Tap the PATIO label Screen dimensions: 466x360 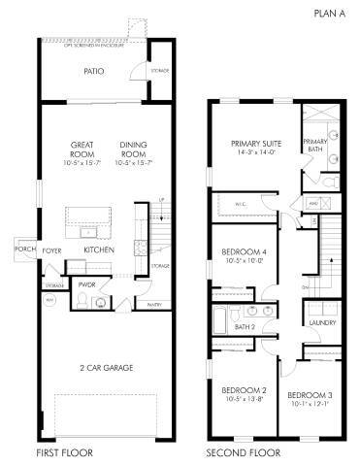(x=93, y=71)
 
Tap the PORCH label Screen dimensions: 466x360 (x=24, y=249)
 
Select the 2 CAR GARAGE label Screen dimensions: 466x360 (x=106, y=367)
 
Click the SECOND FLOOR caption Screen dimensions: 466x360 (x=243, y=452)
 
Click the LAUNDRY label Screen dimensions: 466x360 (x=321, y=322)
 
